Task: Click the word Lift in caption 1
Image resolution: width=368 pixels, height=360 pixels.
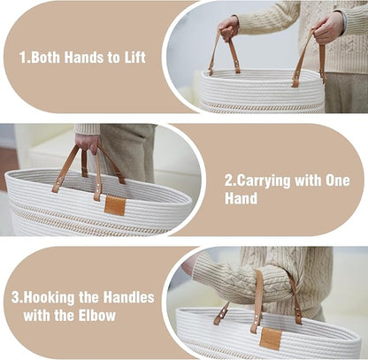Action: pyautogui.click(x=135, y=57)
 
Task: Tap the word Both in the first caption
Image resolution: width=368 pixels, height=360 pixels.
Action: pyautogui.click(x=45, y=57)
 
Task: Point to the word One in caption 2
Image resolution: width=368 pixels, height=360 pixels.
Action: pyautogui.click(x=338, y=180)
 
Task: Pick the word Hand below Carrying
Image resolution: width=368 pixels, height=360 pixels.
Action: pyautogui.click(x=241, y=198)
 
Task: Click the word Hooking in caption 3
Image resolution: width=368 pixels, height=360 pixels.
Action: pyautogui.click(x=49, y=298)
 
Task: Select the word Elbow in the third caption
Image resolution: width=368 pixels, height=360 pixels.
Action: pyautogui.click(x=97, y=316)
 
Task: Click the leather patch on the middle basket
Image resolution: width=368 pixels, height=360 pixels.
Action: pyautogui.click(x=115, y=205)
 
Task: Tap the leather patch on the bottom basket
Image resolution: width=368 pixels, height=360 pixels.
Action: pyautogui.click(x=271, y=339)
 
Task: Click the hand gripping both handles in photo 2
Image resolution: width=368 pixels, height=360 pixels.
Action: pyautogui.click(x=87, y=143)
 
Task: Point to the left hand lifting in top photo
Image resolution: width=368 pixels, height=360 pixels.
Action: pyautogui.click(x=229, y=28)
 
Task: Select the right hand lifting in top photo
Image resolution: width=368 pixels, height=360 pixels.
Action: pyautogui.click(x=327, y=28)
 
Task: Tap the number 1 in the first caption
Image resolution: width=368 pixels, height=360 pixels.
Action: pyautogui.click(x=23, y=57)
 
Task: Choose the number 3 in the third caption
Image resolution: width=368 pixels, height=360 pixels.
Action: pyautogui.click(x=15, y=298)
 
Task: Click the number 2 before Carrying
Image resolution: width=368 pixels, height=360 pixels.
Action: pyautogui.click(x=229, y=180)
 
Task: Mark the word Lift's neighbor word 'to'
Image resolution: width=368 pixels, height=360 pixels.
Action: pyautogui.click(x=114, y=57)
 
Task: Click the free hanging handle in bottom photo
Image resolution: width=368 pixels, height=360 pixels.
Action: pyautogui.click(x=221, y=314)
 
